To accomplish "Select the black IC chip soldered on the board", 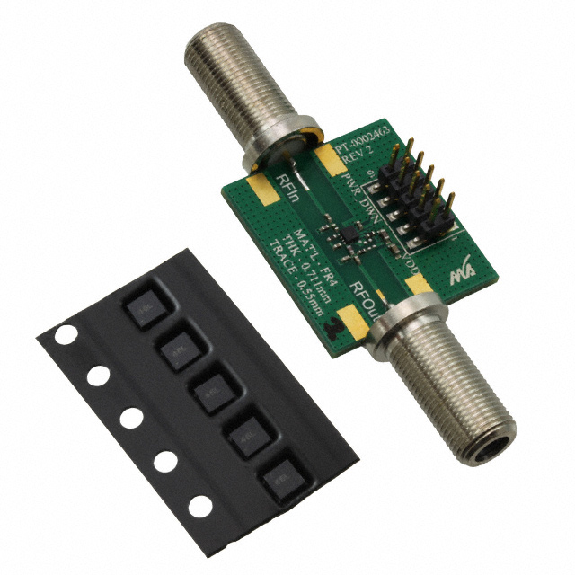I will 342,236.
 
